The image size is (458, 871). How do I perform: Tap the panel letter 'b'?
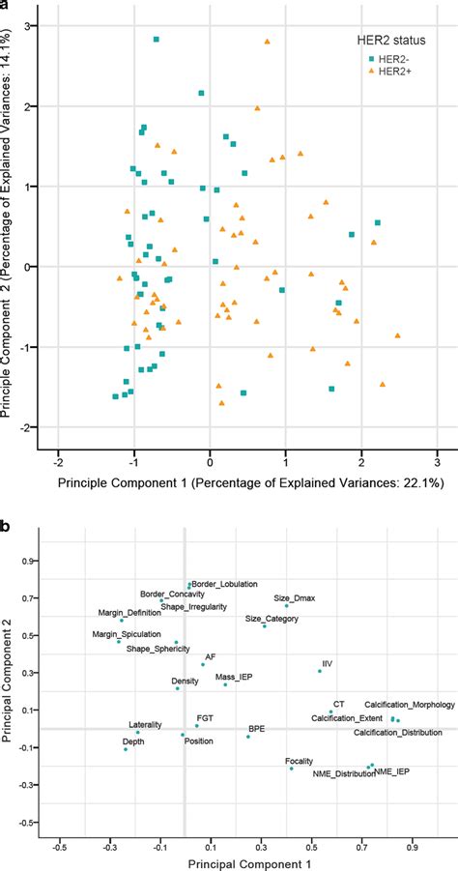click(7, 500)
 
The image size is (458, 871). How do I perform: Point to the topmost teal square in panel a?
click(157, 40)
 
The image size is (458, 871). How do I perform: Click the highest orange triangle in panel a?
click(268, 42)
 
